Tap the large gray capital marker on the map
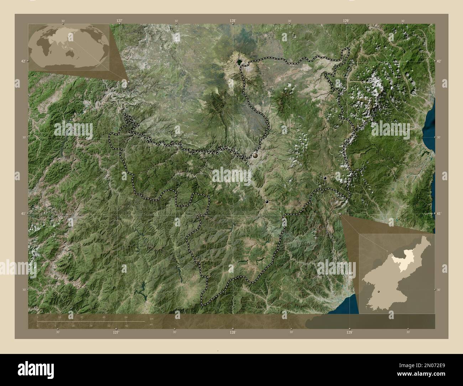pyautogui.click(x=255, y=156)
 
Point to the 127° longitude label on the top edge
pyautogui.click(x=119, y=21)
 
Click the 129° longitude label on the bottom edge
pyautogui.click(x=349, y=332)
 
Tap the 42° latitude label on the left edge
pyautogui.click(x=23, y=61)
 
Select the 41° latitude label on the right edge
pyautogui.click(x=439, y=213)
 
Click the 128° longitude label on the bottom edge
pyautogui.click(x=233, y=332)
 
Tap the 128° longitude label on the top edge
pyautogui.click(x=233, y=21)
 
